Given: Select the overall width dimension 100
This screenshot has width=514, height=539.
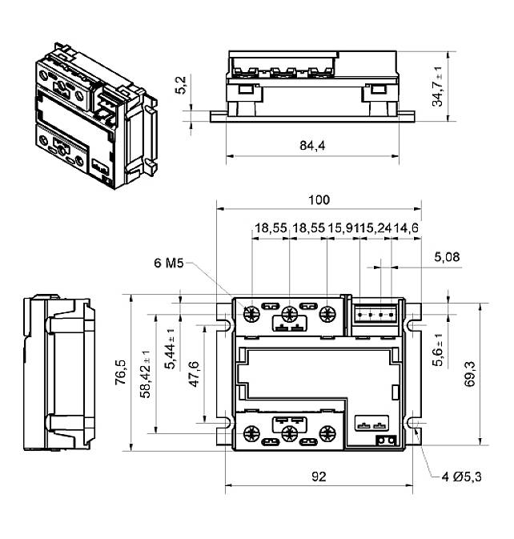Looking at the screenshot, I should pyautogui.click(x=318, y=199).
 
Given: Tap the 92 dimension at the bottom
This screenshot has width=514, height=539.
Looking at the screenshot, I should pyautogui.click(x=318, y=477).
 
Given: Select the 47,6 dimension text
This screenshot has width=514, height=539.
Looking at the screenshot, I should pyautogui.click(x=193, y=373).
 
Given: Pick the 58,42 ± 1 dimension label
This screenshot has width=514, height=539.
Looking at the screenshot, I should pyautogui.click(x=146, y=374).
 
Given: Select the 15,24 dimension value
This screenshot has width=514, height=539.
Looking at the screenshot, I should pyautogui.click(x=375, y=228).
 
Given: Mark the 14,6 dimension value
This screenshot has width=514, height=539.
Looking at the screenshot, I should pyautogui.click(x=405, y=228).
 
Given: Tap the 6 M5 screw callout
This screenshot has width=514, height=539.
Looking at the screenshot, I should pyautogui.click(x=170, y=262).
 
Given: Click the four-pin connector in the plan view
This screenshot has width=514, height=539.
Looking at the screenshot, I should pyautogui.click(x=372, y=315).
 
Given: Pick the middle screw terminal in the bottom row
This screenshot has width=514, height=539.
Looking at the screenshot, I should pyautogui.click(x=290, y=434).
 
